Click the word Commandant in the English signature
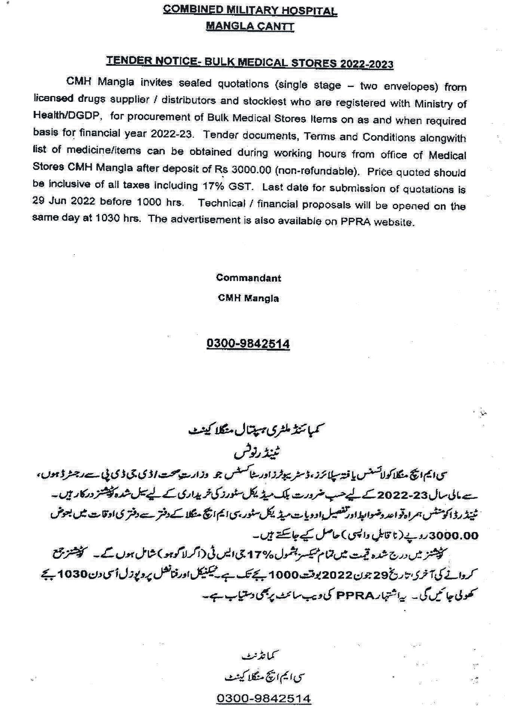click(248, 278)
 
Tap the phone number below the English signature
click(248, 343)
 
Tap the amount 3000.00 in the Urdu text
click(454, 536)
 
